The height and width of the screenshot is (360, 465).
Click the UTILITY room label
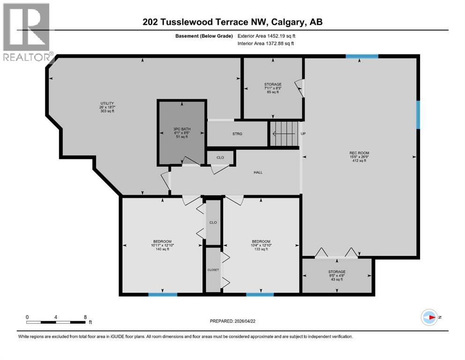107,107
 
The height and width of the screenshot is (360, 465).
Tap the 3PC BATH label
182,133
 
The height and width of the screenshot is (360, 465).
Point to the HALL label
258,172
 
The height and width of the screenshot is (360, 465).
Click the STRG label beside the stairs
237,134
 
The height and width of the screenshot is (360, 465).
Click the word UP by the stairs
303,134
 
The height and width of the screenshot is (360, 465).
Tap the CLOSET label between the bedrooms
213,270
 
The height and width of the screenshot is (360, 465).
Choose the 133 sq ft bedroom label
261,245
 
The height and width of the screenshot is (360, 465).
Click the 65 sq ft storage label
273,88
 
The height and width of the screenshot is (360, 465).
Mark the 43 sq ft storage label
337,276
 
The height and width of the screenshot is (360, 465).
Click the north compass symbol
429,317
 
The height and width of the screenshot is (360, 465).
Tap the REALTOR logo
27,32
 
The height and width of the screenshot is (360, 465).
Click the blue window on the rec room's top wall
362,57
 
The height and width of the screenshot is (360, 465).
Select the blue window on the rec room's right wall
418,115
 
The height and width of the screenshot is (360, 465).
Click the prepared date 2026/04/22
234,321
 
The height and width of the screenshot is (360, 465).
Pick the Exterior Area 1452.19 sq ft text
266,36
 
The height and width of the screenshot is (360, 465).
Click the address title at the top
233,22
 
